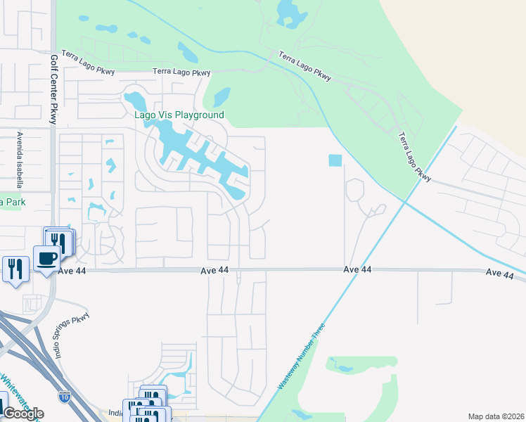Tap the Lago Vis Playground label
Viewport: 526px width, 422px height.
pyautogui.click(x=179, y=115)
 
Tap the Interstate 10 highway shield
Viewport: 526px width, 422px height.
pyautogui.click(x=64, y=397)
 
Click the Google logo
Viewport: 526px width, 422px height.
pyautogui.click(x=23, y=413)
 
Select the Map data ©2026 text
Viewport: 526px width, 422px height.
pyautogui.click(x=496, y=416)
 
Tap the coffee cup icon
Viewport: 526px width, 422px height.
pyautogui.click(x=47, y=258)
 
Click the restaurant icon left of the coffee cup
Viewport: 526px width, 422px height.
pyautogui.click(x=15, y=269)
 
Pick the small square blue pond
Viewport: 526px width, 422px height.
pyautogui.click(x=335, y=160)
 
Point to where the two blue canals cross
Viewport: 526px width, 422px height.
pyautogui.click(x=404, y=201)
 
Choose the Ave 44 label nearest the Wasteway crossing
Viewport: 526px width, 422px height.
pyautogui.click(x=357, y=270)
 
